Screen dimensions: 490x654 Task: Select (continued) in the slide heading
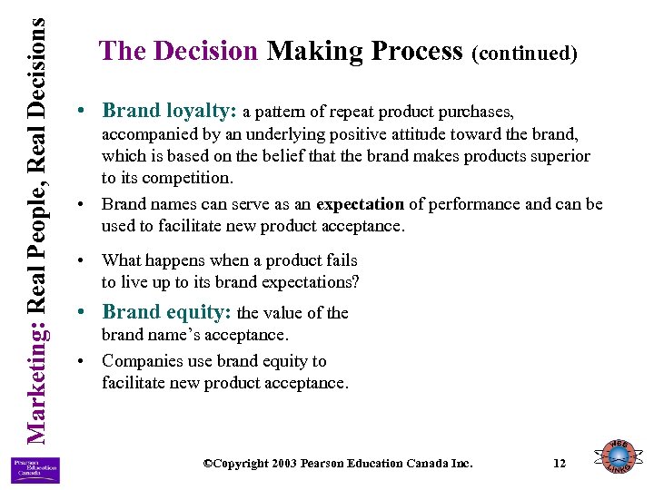point(525,54)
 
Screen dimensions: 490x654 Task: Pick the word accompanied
point(147,134)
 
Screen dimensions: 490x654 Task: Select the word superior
point(560,156)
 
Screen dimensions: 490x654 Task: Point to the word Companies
point(142,360)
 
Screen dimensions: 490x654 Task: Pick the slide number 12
point(560,464)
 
